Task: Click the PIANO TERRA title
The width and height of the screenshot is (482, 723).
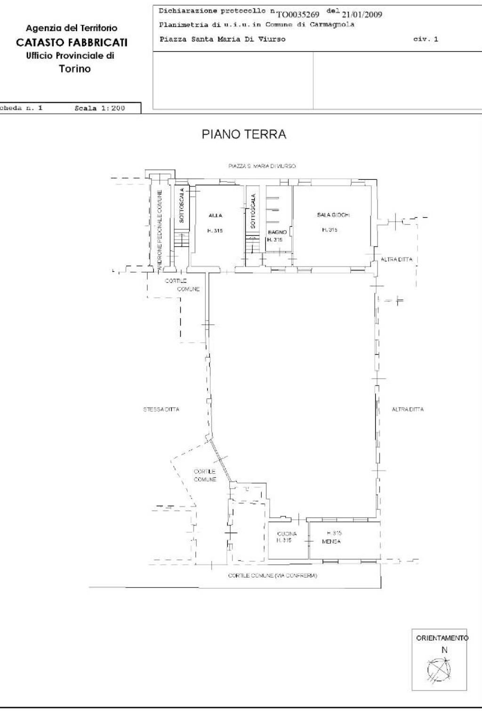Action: [x=244, y=135]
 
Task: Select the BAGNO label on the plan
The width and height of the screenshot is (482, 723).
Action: [x=277, y=233]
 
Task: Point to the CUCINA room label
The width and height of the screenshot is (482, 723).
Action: [x=287, y=534]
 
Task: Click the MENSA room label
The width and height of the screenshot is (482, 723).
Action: [x=331, y=542]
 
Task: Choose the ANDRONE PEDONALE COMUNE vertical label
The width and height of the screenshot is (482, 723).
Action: [x=160, y=230]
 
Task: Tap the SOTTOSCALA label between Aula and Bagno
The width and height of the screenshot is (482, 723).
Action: [x=253, y=211]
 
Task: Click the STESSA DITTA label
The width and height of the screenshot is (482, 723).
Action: [x=161, y=410]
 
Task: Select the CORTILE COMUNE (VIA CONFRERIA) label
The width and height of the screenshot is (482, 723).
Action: [x=272, y=576]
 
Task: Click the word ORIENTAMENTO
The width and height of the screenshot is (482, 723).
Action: [x=442, y=638]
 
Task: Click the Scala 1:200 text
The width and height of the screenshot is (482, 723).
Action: [x=100, y=108]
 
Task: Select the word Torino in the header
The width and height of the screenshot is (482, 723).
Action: [x=75, y=69]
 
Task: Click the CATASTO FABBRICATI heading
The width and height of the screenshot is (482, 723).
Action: [x=72, y=43]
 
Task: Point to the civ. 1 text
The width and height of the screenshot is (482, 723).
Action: [x=426, y=39]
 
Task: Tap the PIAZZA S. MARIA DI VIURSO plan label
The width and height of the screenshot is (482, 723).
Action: [x=262, y=166]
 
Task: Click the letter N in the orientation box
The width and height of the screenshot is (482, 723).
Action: [x=443, y=650]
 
